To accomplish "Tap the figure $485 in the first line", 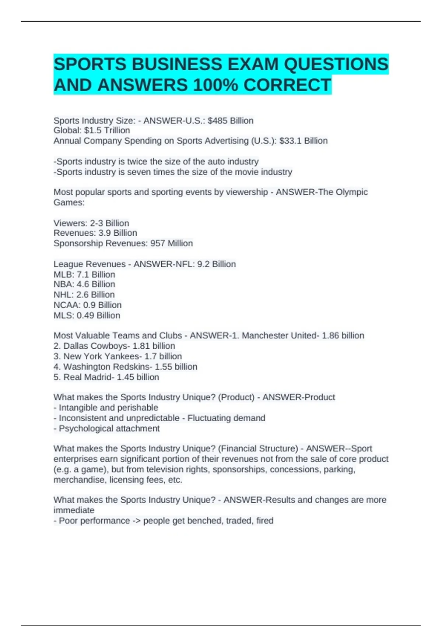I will pyautogui.click(x=218, y=121).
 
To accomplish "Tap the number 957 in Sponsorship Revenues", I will pyautogui.click(x=158, y=243).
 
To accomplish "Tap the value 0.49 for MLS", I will pyautogui.click(x=85, y=315).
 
